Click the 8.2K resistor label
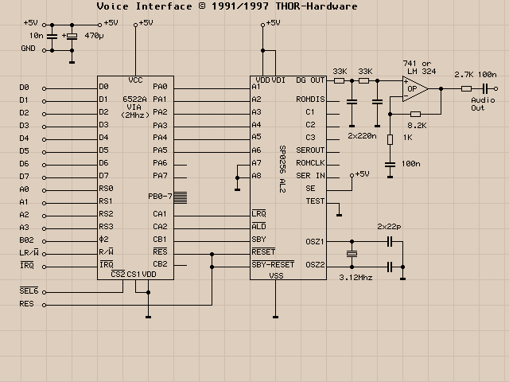tap(417, 126)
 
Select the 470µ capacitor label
tap(94, 36)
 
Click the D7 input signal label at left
tap(24, 176)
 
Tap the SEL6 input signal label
tap(27, 290)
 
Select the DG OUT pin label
tap(310, 80)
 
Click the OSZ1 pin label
tap(315, 240)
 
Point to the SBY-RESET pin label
tap(273, 263)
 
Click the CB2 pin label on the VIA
tap(160, 263)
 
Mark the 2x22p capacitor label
tap(390, 227)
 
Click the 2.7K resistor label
tap(464, 74)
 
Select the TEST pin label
tap(315, 201)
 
